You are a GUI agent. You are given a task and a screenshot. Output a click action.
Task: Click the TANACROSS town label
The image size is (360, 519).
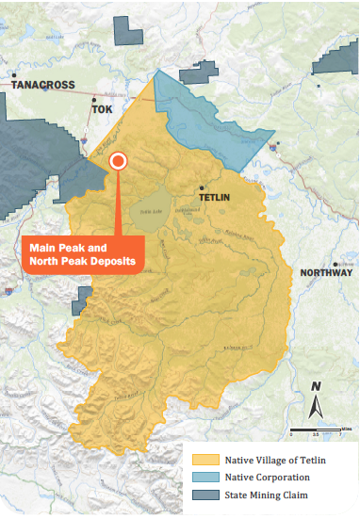42,84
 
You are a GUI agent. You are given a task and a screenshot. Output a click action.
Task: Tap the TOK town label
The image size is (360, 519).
101,108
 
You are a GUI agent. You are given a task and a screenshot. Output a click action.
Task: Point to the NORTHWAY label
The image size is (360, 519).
327,273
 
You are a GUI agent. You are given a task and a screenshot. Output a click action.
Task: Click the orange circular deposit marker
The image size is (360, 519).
118,161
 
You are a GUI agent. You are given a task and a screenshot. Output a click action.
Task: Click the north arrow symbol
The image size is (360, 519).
317,408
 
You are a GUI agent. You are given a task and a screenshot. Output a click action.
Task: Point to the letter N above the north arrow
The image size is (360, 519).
317,386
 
